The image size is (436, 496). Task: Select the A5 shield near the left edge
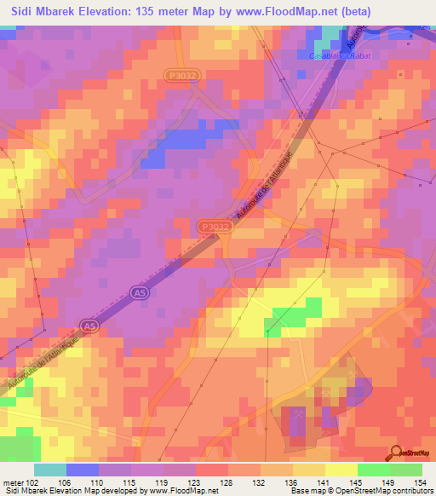(87, 324)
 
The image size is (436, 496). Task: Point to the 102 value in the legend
(33, 482)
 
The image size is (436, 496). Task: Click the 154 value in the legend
(422, 482)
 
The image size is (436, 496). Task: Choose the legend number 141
(324, 482)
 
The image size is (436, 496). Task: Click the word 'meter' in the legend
(12, 482)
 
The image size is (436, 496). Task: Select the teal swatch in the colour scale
(50, 470)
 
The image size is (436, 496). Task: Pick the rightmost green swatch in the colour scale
(406, 470)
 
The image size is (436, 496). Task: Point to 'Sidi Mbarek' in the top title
(42, 11)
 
